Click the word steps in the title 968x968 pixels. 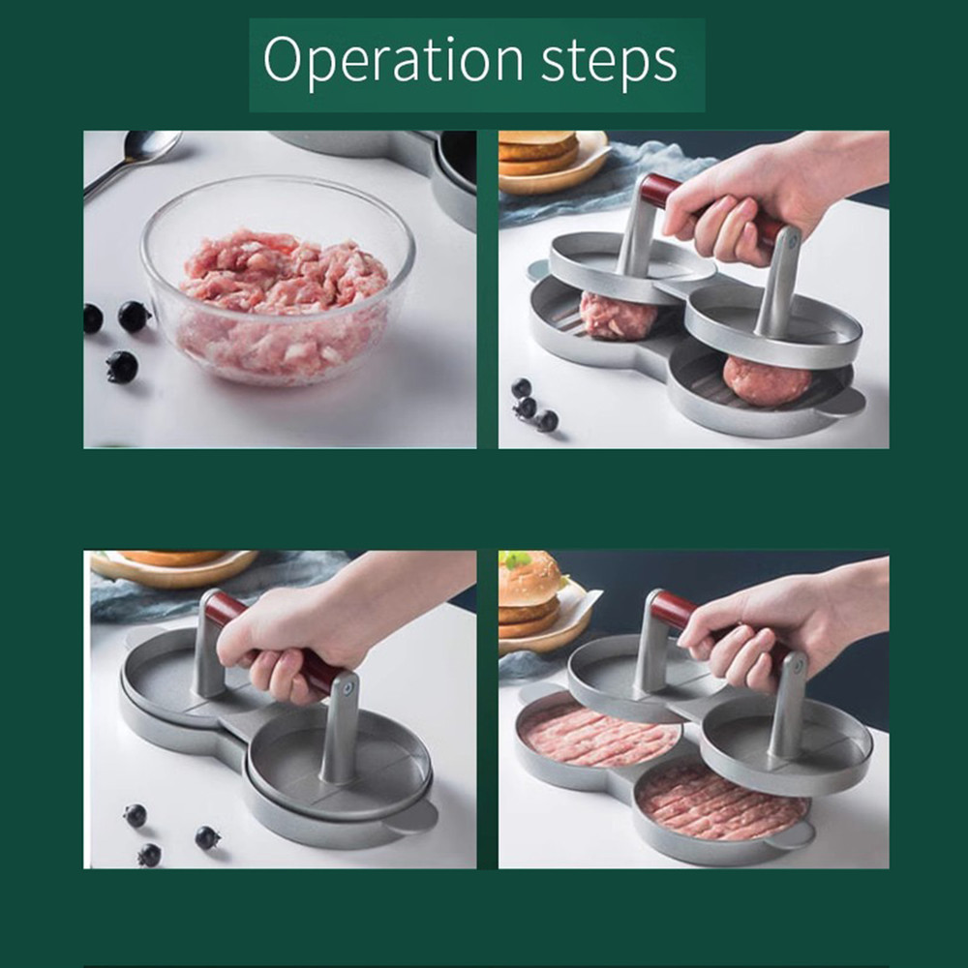[609, 62]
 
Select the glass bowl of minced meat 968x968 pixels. [278, 281]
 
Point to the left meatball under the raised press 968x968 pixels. [620, 315]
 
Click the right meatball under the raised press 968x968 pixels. [766, 378]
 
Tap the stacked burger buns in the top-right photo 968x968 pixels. [538, 154]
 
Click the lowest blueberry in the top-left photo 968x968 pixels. [121, 366]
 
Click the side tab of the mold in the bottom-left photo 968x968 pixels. [415, 816]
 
